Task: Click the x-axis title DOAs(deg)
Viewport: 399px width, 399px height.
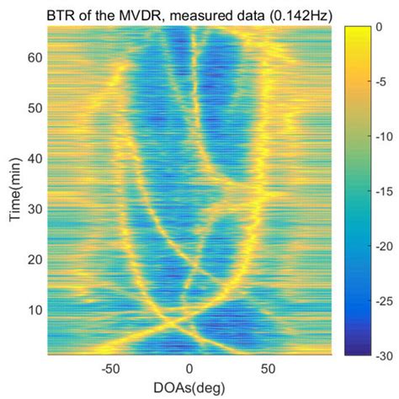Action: click(189, 389)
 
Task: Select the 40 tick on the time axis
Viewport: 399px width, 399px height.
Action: click(36, 158)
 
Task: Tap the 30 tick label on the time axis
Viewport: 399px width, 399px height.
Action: click(36, 208)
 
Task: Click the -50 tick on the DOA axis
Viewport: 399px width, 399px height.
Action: click(111, 369)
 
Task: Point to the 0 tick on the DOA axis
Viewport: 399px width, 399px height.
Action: click(189, 369)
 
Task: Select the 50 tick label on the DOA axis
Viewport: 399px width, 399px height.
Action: click(268, 369)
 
